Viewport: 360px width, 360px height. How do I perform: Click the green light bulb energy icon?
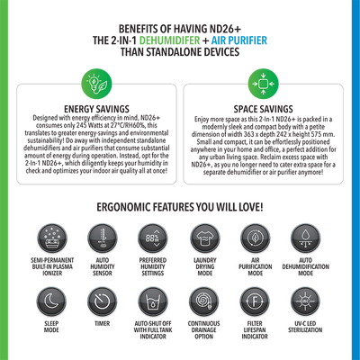[x=96, y=84]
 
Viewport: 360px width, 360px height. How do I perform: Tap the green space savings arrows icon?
[x=263, y=84]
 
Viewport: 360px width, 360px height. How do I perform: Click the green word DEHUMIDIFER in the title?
[x=169, y=40]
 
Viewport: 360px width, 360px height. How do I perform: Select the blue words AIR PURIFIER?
[x=239, y=40]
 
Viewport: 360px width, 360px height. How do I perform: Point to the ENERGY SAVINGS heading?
[x=96, y=109]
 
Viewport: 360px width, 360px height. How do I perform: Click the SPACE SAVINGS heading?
[x=263, y=109]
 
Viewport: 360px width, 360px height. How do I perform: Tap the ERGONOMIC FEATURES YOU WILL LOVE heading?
[x=180, y=207]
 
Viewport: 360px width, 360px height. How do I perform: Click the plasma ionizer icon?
[x=52, y=238]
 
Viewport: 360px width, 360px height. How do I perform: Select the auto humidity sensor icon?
[x=103, y=238]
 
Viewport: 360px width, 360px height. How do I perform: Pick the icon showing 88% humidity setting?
[x=153, y=238]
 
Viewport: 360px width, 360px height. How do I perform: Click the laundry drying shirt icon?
[x=205, y=238]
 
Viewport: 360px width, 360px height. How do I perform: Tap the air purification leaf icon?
[x=256, y=238]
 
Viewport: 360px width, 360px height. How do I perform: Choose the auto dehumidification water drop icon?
[x=305, y=238]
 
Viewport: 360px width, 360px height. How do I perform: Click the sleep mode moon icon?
[x=51, y=301]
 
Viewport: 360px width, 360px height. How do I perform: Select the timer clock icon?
[x=103, y=301]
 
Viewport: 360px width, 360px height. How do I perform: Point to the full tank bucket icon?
[x=153, y=301]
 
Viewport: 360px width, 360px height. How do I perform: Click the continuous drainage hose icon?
[x=204, y=301]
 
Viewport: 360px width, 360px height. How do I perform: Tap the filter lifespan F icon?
[x=255, y=301]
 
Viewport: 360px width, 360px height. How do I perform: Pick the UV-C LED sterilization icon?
[x=305, y=301]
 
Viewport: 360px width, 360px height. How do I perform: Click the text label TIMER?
[x=103, y=323]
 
